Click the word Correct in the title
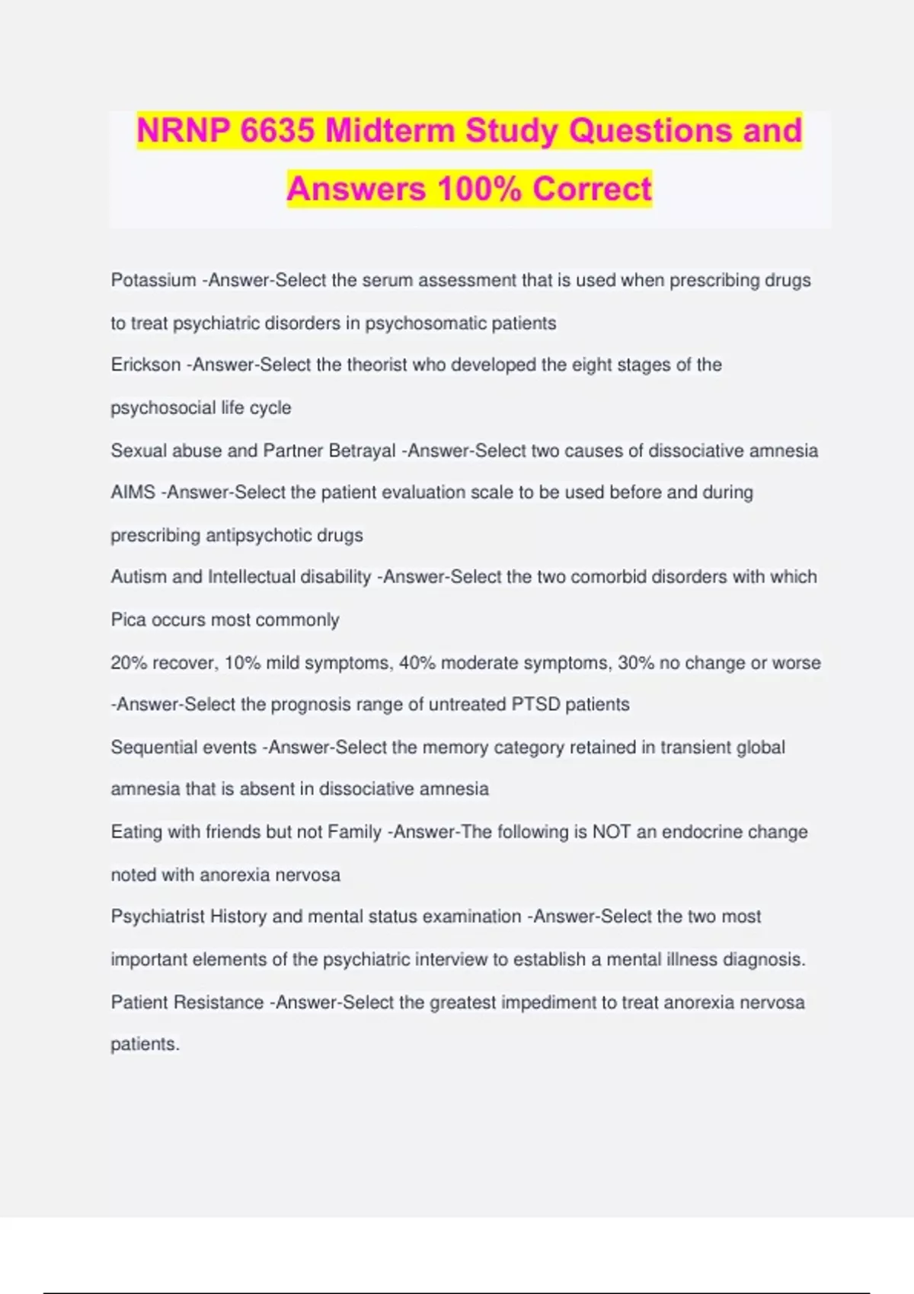tap(592, 189)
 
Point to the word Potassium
tap(153, 280)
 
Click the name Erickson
tap(145, 365)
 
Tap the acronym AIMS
tap(133, 492)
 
